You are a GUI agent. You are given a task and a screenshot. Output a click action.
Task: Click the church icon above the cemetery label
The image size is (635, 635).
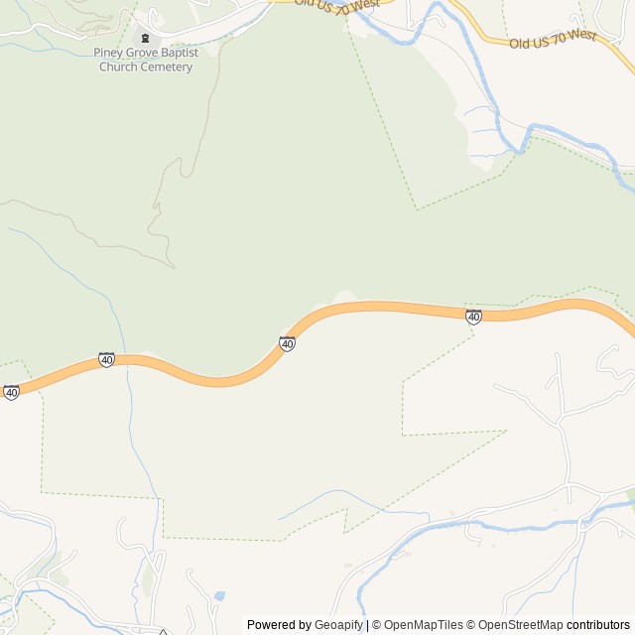[x=145, y=38]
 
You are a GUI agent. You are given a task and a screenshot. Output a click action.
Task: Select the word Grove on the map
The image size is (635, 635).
[x=143, y=53]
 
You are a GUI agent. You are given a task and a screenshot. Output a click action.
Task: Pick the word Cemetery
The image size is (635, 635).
[x=168, y=66]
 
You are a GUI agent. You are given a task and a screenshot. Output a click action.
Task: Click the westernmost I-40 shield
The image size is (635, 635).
[x=11, y=393]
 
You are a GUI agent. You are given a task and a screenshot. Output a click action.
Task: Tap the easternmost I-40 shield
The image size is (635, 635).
[x=474, y=317]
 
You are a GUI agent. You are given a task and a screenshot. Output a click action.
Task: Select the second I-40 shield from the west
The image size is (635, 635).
[x=106, y=360]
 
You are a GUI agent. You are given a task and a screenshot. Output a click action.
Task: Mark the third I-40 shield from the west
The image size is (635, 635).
[x=287, y=344]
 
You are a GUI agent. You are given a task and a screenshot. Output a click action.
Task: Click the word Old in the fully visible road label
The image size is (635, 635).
[x=520, y=44]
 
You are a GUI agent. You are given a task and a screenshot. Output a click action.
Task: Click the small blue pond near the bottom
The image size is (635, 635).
[x=219, y=596]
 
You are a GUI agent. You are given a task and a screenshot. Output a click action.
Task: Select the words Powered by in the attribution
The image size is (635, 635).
[x=279, y=625]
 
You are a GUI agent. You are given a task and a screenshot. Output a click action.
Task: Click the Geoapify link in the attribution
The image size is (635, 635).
[x=338, y=625]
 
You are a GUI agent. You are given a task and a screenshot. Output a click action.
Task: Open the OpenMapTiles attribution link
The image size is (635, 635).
[x=423, y=625]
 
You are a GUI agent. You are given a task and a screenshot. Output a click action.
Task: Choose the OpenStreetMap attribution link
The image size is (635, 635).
[x=520, y=625]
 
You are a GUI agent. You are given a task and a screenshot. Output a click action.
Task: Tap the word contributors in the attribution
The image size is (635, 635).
[x=598, y=625]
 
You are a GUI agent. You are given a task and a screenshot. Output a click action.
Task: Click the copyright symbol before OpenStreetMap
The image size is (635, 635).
[x=471, y=625]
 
